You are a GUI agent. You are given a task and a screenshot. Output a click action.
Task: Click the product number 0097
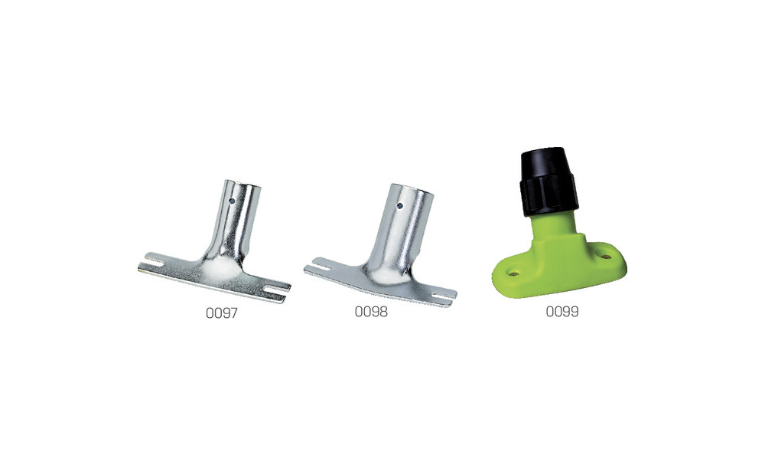(222, 313)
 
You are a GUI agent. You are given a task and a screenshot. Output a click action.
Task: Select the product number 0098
(371, 312)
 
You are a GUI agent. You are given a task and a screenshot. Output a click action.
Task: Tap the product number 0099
(562, 311)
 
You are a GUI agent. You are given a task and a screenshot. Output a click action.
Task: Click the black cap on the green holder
(548, 182)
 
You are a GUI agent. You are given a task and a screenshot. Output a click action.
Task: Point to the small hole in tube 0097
(233, 200)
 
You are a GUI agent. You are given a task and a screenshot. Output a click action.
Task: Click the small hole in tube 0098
(399, 206)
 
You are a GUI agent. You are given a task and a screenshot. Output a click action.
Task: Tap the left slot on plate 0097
(151, 263)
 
